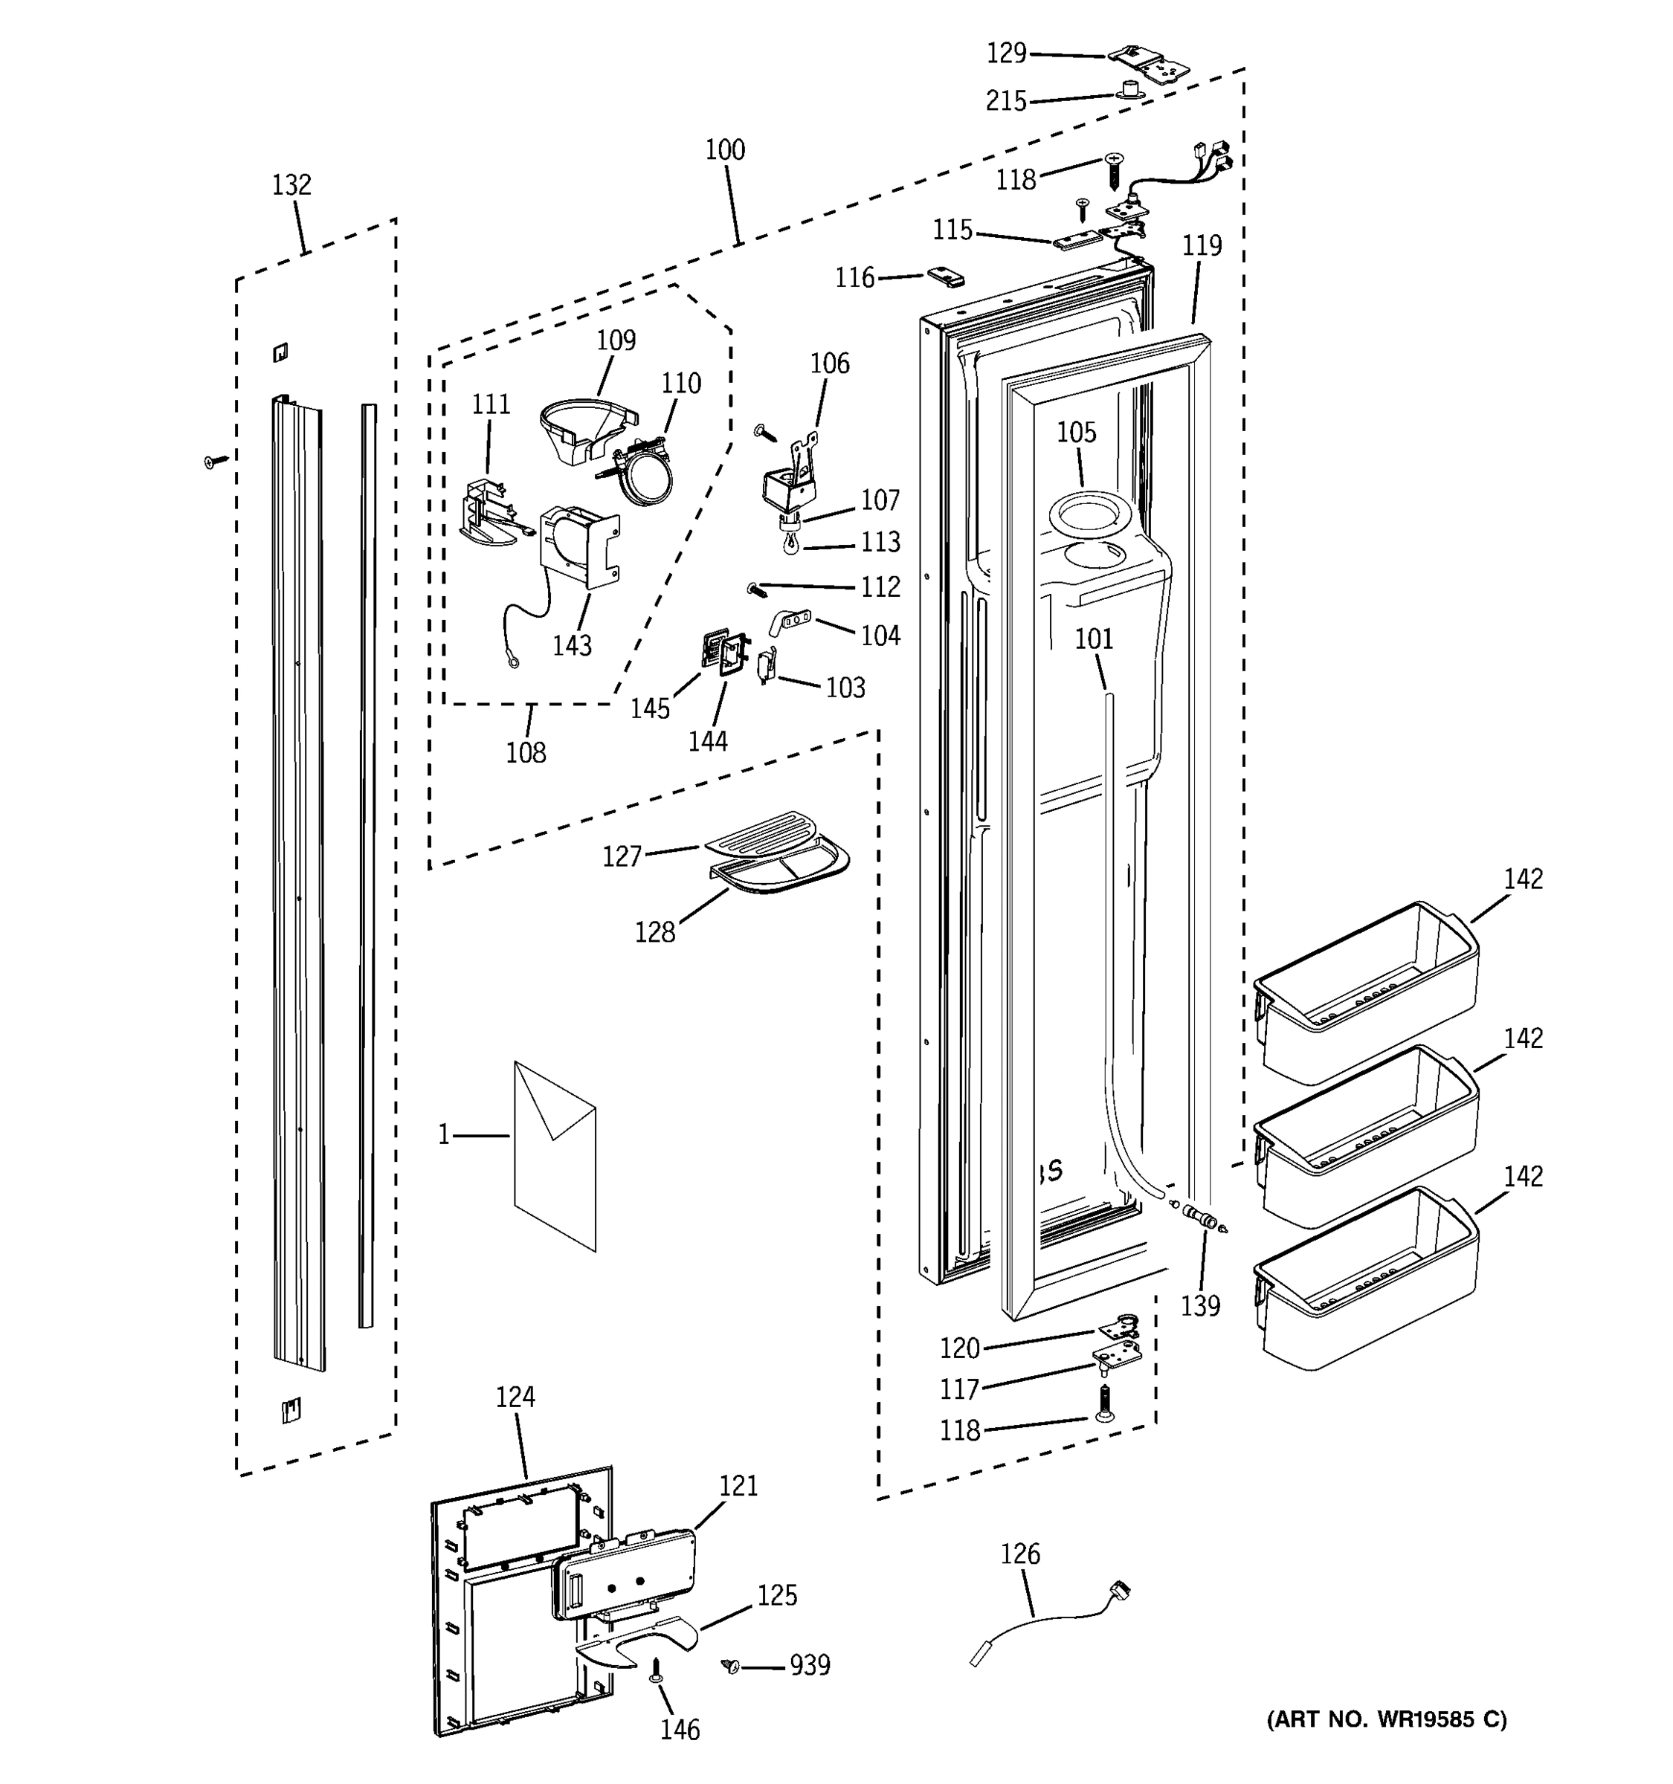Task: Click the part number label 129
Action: [1006, 54]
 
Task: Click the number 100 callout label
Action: [725, 150]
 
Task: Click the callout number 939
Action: [810, 1666]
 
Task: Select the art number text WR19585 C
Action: [1387, 1719]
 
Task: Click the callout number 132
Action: [291, 185]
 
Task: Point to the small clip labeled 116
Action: [945, 277]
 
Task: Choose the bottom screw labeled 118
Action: [1103, 1403]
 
